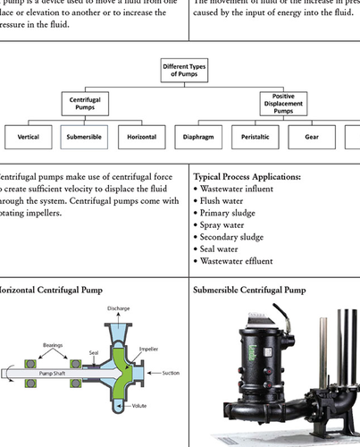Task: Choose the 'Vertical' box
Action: tap(28, 139)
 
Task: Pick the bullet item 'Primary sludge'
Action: tap(230, 214)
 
